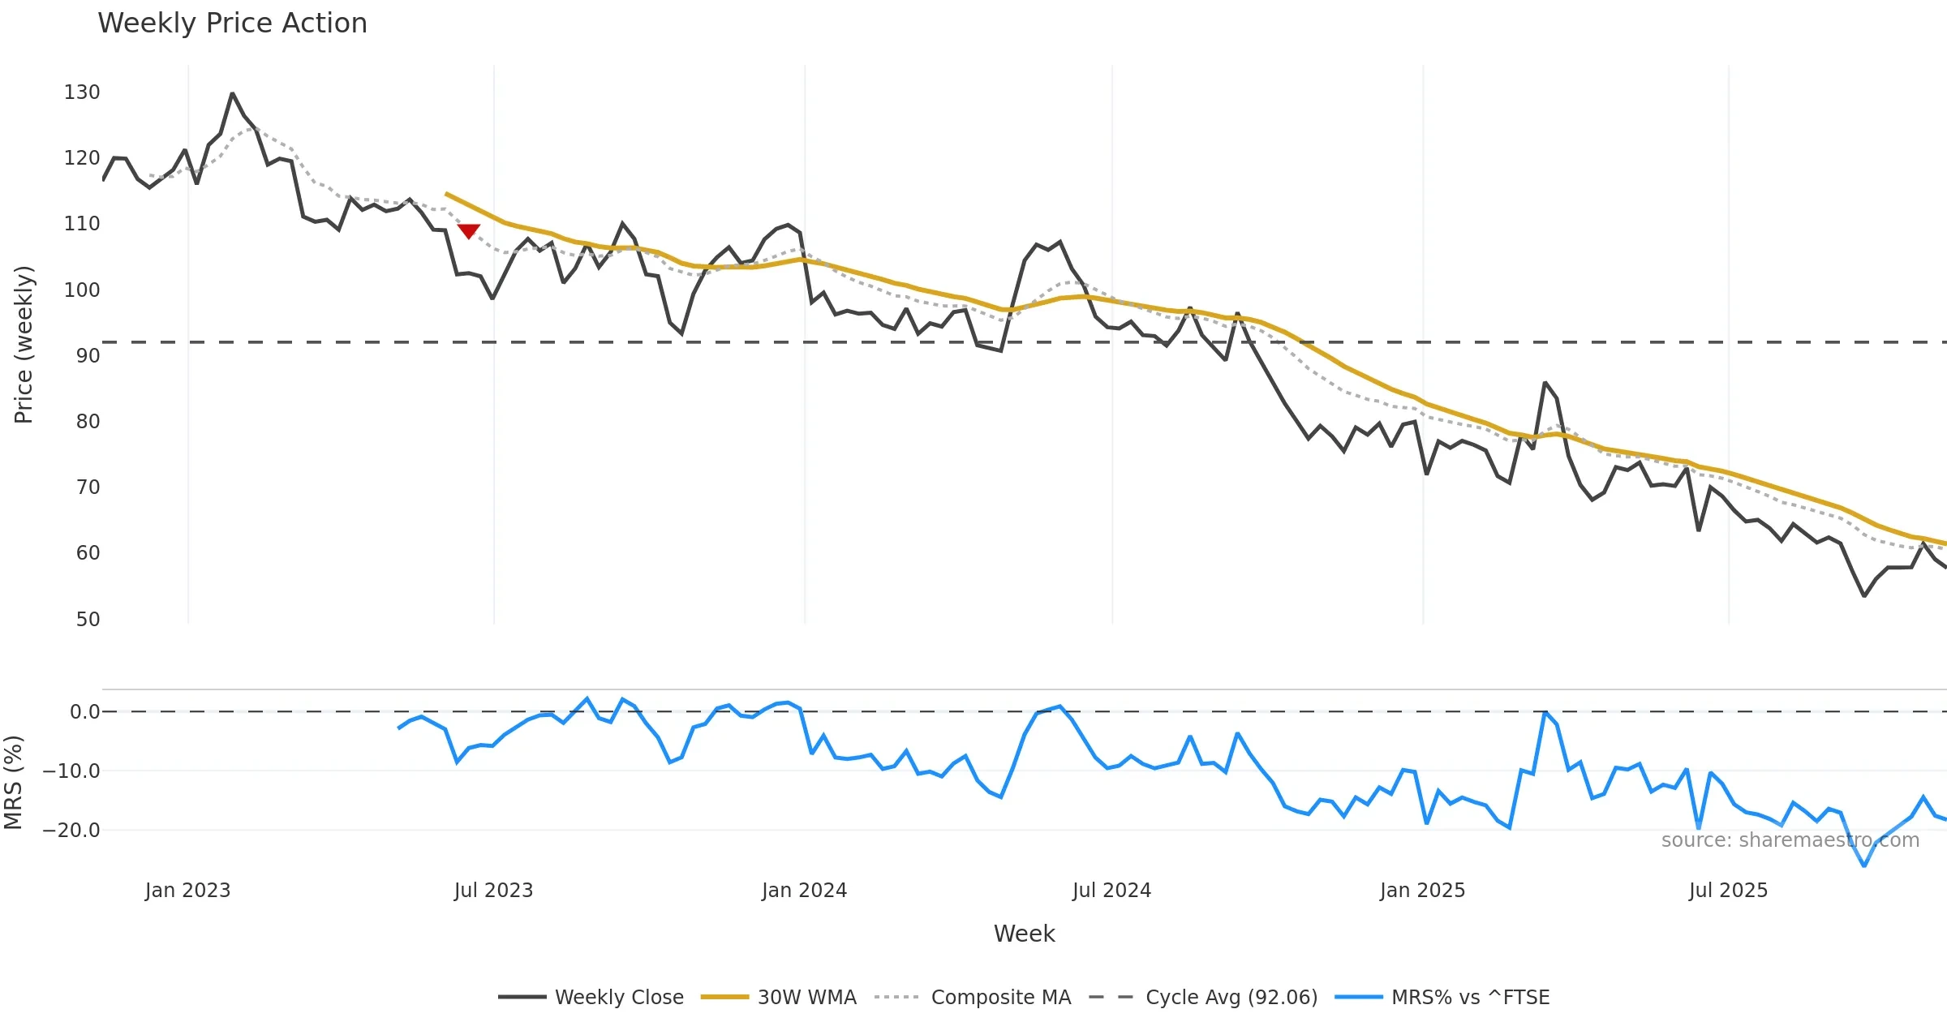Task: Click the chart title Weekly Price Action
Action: coord(232,24)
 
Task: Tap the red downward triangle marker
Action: coord(469,231)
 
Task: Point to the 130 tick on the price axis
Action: coord(82,92)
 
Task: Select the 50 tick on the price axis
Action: coord(88,620)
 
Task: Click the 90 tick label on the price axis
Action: coord(88,356)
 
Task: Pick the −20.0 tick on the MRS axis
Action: coord(71,831)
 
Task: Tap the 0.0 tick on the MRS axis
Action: coord(84,712)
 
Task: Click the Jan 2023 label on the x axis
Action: coord(188,891)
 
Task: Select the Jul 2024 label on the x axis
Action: coord(1111,891)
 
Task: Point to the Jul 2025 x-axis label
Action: coord(1728,891)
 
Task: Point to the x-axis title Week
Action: coord(1024,934)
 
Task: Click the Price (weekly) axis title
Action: coord(24,345)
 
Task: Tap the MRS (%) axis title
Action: coord(13,783)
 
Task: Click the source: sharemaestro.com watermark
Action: coord(1790,840)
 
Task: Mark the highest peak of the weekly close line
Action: coord(233,94)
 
